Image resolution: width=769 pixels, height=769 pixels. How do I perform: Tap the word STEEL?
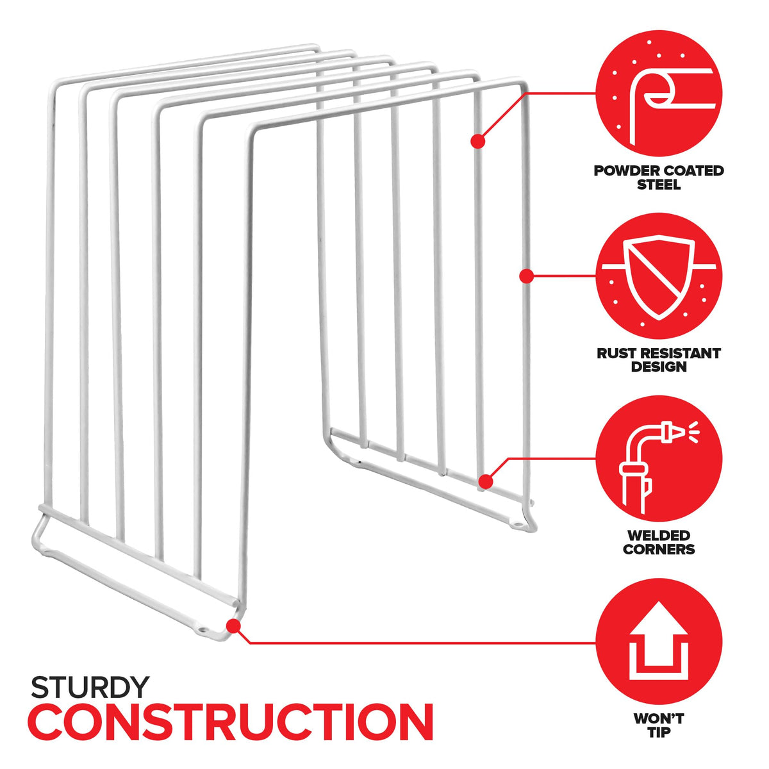point(659,185)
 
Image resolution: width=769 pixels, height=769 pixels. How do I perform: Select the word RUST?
point(618,353)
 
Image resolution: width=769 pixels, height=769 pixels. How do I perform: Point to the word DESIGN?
point(659,367)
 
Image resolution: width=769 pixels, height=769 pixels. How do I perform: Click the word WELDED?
point(659,536)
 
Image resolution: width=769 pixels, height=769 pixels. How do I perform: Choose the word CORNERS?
point(659,549)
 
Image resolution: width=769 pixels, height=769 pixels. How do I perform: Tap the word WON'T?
point(659,719)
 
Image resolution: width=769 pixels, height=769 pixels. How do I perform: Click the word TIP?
point(659,732)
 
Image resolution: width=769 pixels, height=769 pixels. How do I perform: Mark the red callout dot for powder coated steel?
point(477,141)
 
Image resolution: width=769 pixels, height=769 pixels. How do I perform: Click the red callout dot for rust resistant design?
point(527,276)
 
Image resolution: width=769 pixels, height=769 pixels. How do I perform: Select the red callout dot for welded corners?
point(486,482)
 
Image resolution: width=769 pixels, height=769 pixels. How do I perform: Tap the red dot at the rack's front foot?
point(233,625)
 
